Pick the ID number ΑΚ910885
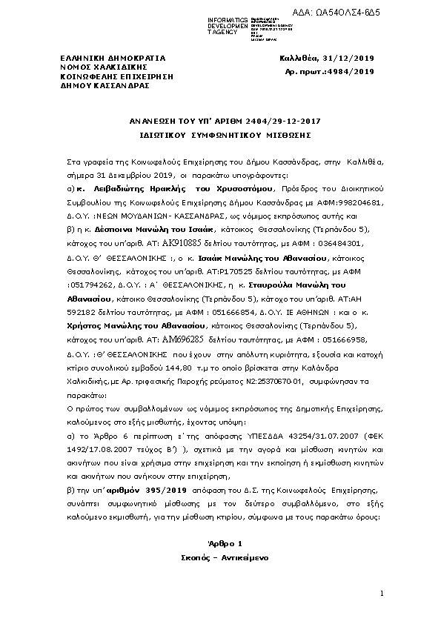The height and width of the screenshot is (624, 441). pos(181,221)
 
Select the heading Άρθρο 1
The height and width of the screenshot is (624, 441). pos(219,543)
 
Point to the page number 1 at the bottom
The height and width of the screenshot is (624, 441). pos(381,594)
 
